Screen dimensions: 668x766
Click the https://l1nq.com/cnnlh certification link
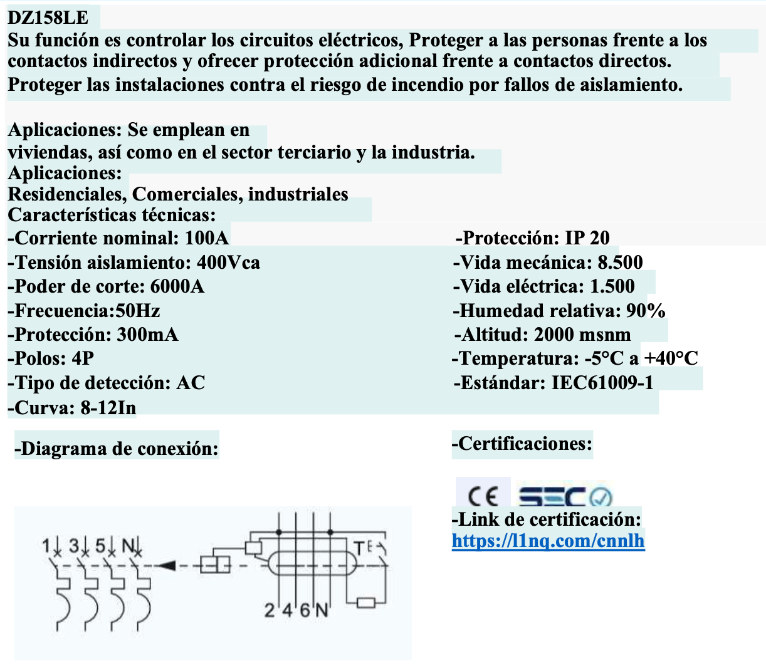(x=548, y=540)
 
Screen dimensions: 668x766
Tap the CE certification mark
(x=483, y=497)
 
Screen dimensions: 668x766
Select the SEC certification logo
(x=564, y=497)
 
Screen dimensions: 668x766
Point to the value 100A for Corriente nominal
(x=207, y=238)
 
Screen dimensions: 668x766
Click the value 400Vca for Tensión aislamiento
(x=228, y=262)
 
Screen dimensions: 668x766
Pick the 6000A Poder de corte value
(x=177, y=286)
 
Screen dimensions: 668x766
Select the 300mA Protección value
(x=147, y=334)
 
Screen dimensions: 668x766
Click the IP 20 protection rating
(x=587, y=238)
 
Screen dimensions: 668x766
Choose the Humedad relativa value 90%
(x=645, y=310)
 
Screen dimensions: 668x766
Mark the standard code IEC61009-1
(x=602, y=382)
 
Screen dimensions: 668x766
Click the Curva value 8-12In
(x=108, y=408)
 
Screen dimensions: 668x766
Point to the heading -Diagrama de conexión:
(x=117, y=449)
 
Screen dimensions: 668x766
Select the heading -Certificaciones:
(x=522, y=444)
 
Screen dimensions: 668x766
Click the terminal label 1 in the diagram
(x=45, y=545)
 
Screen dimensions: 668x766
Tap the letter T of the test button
(x=359, y=548)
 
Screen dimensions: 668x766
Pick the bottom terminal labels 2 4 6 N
(x=296, y=610)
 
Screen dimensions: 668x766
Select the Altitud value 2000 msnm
(x=582, y=334)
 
